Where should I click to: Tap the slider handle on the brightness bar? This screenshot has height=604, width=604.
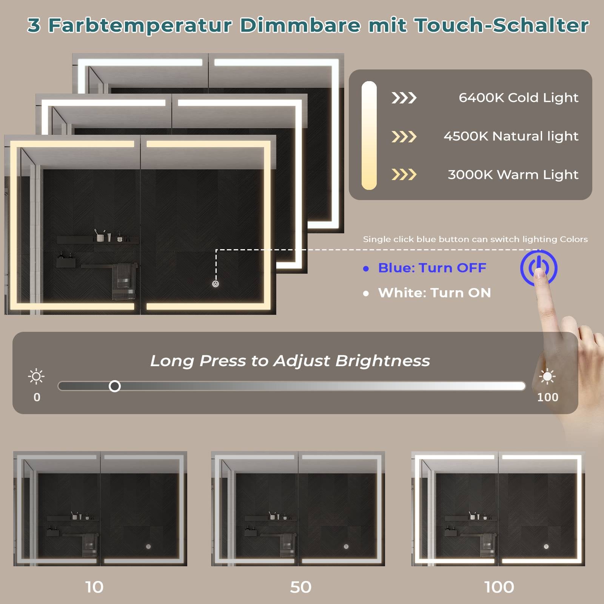pyautogui.click(x=115, y=386)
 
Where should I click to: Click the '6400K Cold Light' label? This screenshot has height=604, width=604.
pyautogui.click(x=518, y=98)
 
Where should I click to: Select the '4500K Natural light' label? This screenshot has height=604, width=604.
pyautogui.click(x=511, y=136)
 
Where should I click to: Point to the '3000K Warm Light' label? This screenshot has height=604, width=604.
pyautogui.click(x=513, y=175)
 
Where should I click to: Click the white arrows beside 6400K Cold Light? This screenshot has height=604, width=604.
pyautogui.click(x=404, y=98)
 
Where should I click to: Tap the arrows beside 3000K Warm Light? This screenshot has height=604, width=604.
pyautogui.click(x=404, y=174)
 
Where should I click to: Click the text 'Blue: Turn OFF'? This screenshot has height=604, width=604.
pyautogui.click(x=432, y=268)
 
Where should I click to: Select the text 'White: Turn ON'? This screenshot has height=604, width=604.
pyautogui.click(x=435, y=293)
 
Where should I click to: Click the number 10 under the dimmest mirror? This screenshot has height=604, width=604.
pyautogui.click(x=94, y=587)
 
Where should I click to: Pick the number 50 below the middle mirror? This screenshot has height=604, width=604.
pyautogui.click(x=301, y=587)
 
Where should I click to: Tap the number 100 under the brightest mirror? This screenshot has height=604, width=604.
pyautogui.click(x=499, y=587)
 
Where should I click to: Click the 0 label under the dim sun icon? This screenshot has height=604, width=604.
pyautogui.click(x=37, y=397)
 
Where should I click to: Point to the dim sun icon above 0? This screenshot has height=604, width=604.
pyautogui.click(x=36, y=376)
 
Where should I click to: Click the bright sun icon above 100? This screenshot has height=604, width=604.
pyautogui.click(x=547, y=376)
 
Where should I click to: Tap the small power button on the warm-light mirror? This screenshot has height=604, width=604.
pyautogui.click(x=216, y=284)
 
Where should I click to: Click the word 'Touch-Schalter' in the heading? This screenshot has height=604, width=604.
pyautogui.click(x=502, y=25)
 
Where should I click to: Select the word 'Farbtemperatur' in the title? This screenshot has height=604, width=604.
pyautogui.click(x=140, y=26)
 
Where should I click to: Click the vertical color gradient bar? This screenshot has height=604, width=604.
pyautogui.click(x=369, y=136)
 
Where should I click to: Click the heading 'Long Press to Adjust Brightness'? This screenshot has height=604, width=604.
pyautogui.click(x=290, y=361)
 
